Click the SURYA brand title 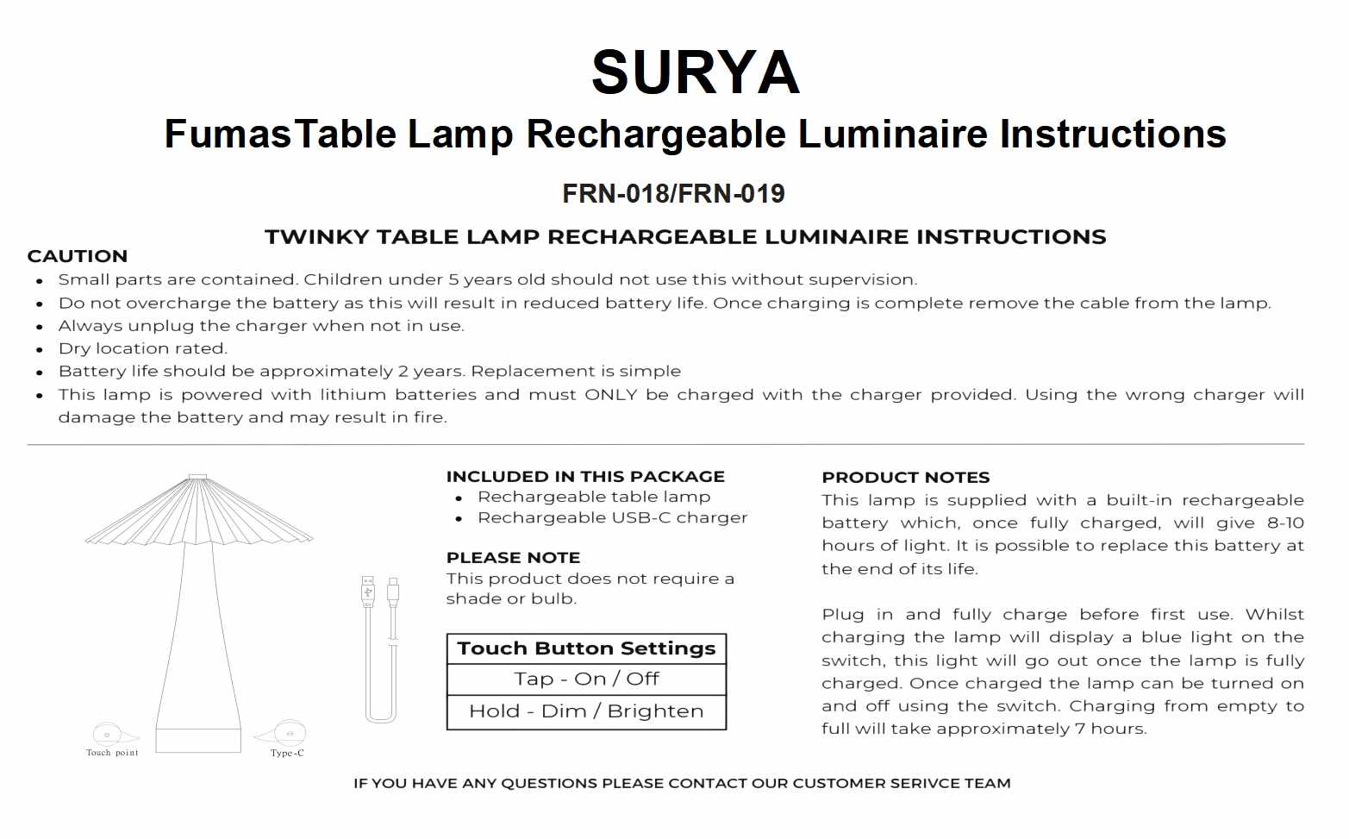tap(695, 72)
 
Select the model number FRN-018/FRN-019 tap(673, 193)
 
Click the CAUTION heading tap(78, 256)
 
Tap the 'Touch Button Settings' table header tap(586, 648)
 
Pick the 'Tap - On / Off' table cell tap(586, 679)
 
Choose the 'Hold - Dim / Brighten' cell tap(586, 711)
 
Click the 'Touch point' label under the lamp tap(112, 753)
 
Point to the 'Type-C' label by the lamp tap(287, 753)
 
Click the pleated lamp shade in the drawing tap(198, 513)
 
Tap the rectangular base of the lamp tap(198, 740)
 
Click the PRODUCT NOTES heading tap(905, 478)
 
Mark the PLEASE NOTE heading tap(513, 558)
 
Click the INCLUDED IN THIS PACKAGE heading tap(585, 477)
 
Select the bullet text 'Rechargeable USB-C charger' tap(612, 518)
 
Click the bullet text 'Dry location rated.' tap(143, 348)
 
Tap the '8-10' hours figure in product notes tap(1284, 523)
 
